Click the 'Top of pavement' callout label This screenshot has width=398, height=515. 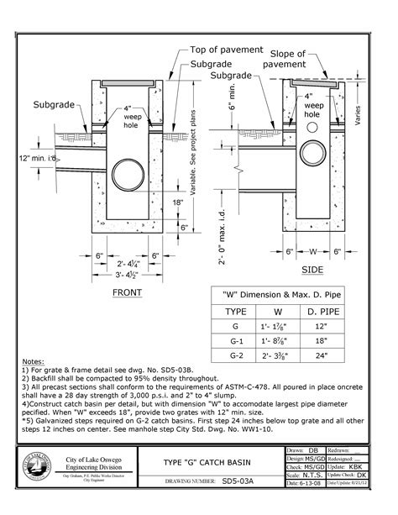[x=226, y=50]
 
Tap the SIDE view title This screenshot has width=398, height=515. [x=312, y=270]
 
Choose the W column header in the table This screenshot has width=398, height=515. [x=281, y=310]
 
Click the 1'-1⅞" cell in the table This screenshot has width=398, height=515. [x=281, y=326]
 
